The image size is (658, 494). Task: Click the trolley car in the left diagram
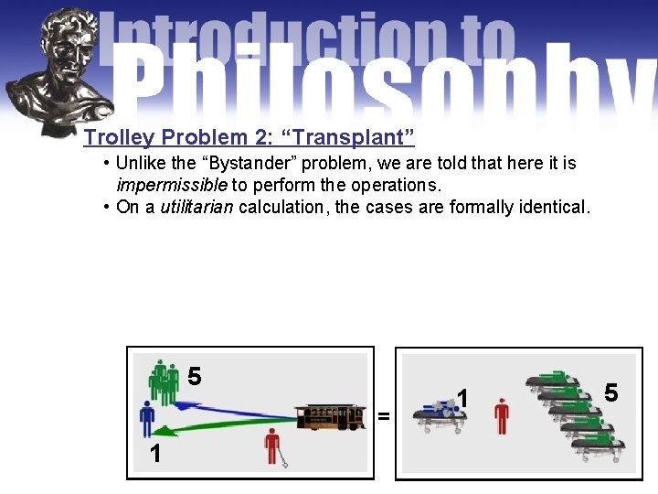point(331,416)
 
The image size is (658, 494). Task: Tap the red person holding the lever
point(271,447)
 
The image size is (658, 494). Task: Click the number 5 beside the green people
point(195,376)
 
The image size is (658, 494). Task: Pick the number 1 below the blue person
point(155,454)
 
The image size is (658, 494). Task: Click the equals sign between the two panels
point(384,417)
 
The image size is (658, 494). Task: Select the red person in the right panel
point(500,415)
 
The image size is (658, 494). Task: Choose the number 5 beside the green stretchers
point(611,392)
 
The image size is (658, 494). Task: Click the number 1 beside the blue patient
point(463,399)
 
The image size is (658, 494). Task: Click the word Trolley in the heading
point(120,138)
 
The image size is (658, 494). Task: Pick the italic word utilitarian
point(196,207)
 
